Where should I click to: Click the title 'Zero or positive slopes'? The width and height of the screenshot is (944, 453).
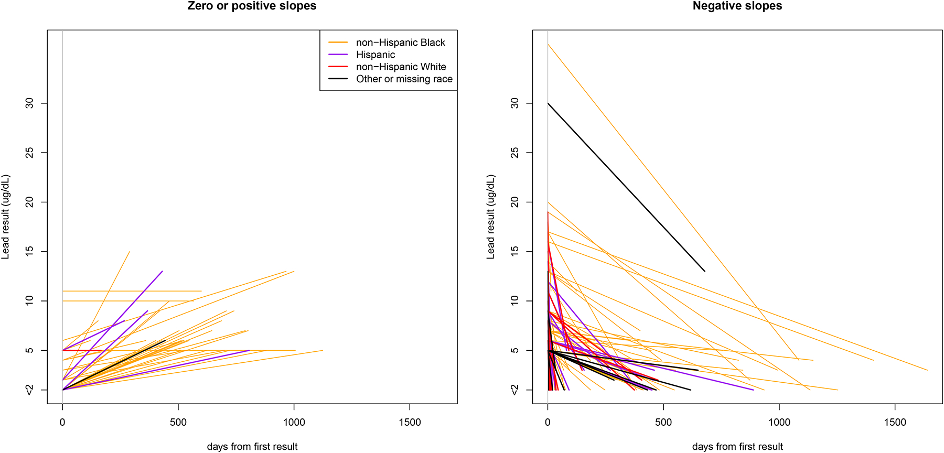point(252,6)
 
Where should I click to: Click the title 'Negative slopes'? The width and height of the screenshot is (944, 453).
point(737,6)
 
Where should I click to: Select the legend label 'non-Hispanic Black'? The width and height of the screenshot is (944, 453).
point(400,42)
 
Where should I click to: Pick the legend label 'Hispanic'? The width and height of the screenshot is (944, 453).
point(376,55)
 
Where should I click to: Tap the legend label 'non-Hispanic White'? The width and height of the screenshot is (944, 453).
point(401,67)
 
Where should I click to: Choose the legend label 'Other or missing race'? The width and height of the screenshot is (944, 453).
point(404,79)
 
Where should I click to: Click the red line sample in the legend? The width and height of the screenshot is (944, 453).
point(338,67)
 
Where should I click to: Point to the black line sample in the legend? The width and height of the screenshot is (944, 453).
point(338,79)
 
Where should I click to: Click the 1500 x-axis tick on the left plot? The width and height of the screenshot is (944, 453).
point(410,422)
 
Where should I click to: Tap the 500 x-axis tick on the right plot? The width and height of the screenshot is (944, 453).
point(663,422)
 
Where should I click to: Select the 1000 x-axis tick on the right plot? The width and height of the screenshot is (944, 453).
point(779,422)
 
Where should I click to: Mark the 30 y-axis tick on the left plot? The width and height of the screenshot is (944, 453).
point(29,103)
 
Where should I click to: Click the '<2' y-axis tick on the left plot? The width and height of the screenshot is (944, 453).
point(29,390)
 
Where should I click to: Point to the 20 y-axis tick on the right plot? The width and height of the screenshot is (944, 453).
point(514,202)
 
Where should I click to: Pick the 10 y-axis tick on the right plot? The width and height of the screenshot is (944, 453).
point(514,300)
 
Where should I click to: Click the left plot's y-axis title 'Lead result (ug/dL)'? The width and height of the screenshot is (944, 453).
point(6,217)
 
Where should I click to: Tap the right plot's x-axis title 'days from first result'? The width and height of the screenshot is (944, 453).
point(737,446)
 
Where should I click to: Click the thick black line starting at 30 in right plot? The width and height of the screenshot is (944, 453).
point(626,187)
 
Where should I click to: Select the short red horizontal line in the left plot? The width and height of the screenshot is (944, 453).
point(82,350)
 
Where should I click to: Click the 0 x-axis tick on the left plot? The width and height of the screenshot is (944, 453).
point(62,422)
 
